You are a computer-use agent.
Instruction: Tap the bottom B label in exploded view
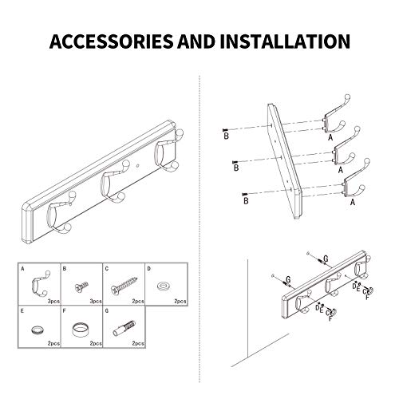pyautogui.click(x=246, y=203)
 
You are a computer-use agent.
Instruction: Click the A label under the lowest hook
pyautogui.click(x=352, y=203)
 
